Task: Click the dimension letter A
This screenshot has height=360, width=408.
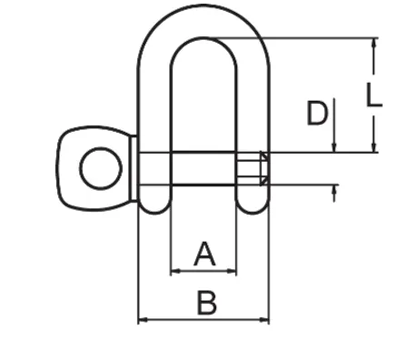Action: (x=204, y=254)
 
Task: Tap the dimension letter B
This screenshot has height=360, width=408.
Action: (x=207, y=303)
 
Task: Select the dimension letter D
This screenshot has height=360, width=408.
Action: (x=317, y=113)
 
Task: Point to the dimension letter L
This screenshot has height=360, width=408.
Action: (x=373, y=95)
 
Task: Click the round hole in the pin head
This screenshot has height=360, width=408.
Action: (x=101, y=169)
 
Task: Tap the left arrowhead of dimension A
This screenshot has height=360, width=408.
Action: (x=175, y=271)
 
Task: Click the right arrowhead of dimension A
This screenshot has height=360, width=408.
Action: (x=232, y=271)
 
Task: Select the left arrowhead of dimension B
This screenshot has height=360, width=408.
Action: (x=143, y=319)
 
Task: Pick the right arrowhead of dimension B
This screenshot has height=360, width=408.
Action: (x=264, y=319)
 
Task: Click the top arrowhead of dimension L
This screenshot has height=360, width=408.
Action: (x=374, y=44)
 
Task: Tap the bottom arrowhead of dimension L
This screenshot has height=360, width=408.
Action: (x=374, y=146)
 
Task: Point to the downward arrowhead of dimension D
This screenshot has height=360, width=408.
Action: (x=333, y=147)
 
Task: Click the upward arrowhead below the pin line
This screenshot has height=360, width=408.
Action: (x=333, y=190)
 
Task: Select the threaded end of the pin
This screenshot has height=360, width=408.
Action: (x=253, y=169)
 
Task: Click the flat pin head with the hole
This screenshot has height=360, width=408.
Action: (x=94, y=168)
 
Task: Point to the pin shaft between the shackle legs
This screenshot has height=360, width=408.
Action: (x=204, y=168)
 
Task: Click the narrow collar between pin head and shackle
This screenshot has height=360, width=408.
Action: (x=134, y=168)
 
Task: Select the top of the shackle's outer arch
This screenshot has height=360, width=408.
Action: (x=204, y=5)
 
